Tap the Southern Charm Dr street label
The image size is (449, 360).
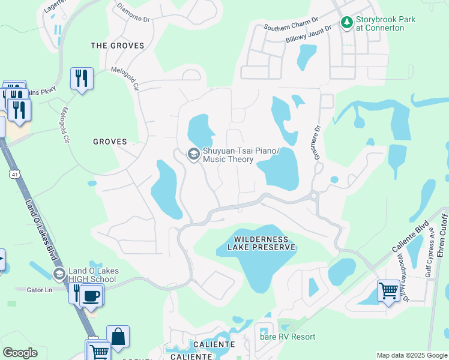[291, 26]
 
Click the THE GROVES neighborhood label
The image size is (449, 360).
[117, 46]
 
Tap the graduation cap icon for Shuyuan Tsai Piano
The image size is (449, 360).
[193, 154]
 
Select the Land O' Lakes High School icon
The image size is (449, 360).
[59, 274]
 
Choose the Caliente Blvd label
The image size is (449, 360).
[407, 237]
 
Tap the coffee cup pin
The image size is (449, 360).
[91, 295]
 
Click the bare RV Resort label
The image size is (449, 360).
[287, 337]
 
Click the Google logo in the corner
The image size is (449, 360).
[20, 353]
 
